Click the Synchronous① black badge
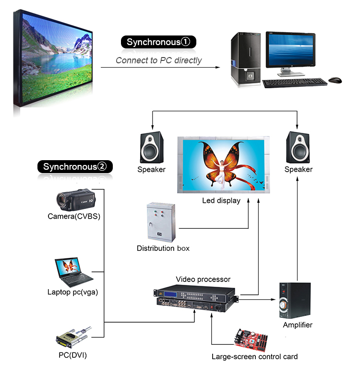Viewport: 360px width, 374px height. [x=158, y=42]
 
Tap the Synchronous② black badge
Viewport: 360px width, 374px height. [x=75, y=167]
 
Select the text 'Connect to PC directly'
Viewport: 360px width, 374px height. [x=158, y=60]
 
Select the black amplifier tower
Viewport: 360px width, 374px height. [x=295, y=301]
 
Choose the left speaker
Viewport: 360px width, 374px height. [x=151, y=148]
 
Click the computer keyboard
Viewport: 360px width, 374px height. [x=295, y=82]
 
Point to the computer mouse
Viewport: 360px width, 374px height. [x=335, y=80]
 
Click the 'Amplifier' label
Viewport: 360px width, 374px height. [x=298, y=325]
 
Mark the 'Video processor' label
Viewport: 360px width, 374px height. [x=203, y=279]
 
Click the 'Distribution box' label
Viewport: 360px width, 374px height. [x=163, y=248]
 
